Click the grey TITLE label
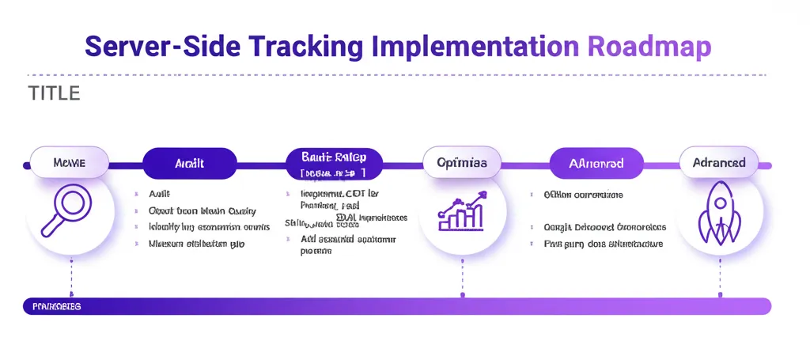tap(54, 93)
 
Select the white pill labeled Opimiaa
tap(462, 162)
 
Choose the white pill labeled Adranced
tap(718, 162)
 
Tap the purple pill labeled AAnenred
tap(596, 164)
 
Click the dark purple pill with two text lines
tap(333, 164)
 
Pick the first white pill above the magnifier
tap(69, 162)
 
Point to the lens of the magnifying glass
tap(73, 203)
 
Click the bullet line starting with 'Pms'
tap(603, 244)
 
